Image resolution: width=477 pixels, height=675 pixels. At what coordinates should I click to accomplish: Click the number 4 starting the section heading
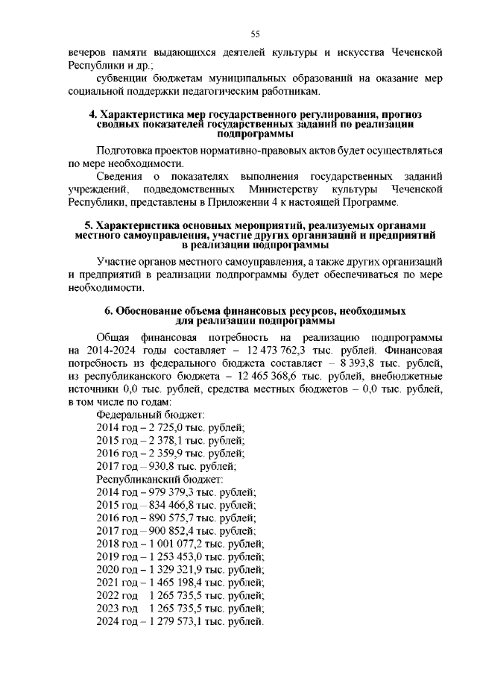92,114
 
